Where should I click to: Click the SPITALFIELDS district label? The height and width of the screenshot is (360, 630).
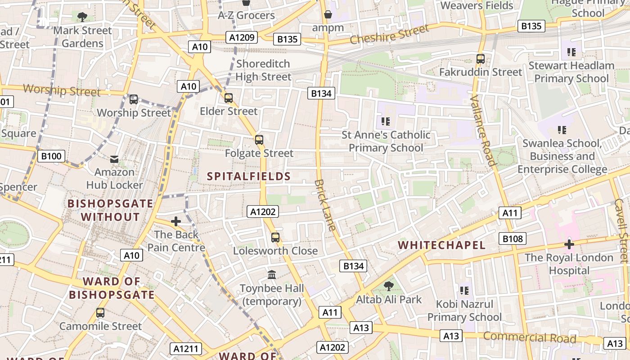pyautogui.click(x=249, y=176)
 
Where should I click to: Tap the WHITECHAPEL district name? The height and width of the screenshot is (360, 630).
pyautogui.click(x=442, y=245)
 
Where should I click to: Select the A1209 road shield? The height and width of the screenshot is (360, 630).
pyautogui.click(x=243, y=37)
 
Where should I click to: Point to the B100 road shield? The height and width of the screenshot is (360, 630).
pyautogui.click(x=51, y=156)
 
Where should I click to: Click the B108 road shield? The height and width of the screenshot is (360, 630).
pyautogui.click(x=512, y=238)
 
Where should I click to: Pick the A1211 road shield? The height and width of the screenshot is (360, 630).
pyautogui.click(x=186, y=348)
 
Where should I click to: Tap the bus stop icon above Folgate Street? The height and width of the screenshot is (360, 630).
pyautogui.click(x=259, y=140)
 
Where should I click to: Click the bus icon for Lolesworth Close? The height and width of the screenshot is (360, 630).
pyautogui.click(x=275, y=238)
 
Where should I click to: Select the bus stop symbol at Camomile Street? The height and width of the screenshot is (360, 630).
pyautogui.click(x=100, y=313)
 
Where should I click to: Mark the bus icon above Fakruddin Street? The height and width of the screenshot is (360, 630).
pyautogui.click(x=481, y=59)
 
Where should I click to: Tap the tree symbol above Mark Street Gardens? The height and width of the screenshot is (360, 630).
pyautogui.click(x=82, y=17)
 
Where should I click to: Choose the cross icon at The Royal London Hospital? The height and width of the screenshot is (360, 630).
pyautogui.click(x=569, y=244)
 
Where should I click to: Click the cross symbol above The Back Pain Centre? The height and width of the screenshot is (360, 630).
pyautogui.click(x=176, y=221)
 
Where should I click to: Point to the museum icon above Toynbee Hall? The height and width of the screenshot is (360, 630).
pyautogui.click(x=272, y=274)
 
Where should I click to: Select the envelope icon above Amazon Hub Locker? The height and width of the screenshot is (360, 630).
pyautogui.click(x=114, y=159)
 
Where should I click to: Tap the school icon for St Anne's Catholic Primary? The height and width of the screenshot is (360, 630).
pyautogui.click(x=386, y=121)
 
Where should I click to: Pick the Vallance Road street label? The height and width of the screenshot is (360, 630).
pyautogui.click(x=482, y=130)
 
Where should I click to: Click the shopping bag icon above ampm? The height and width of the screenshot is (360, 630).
pyautogui.click(x=328, y=15)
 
